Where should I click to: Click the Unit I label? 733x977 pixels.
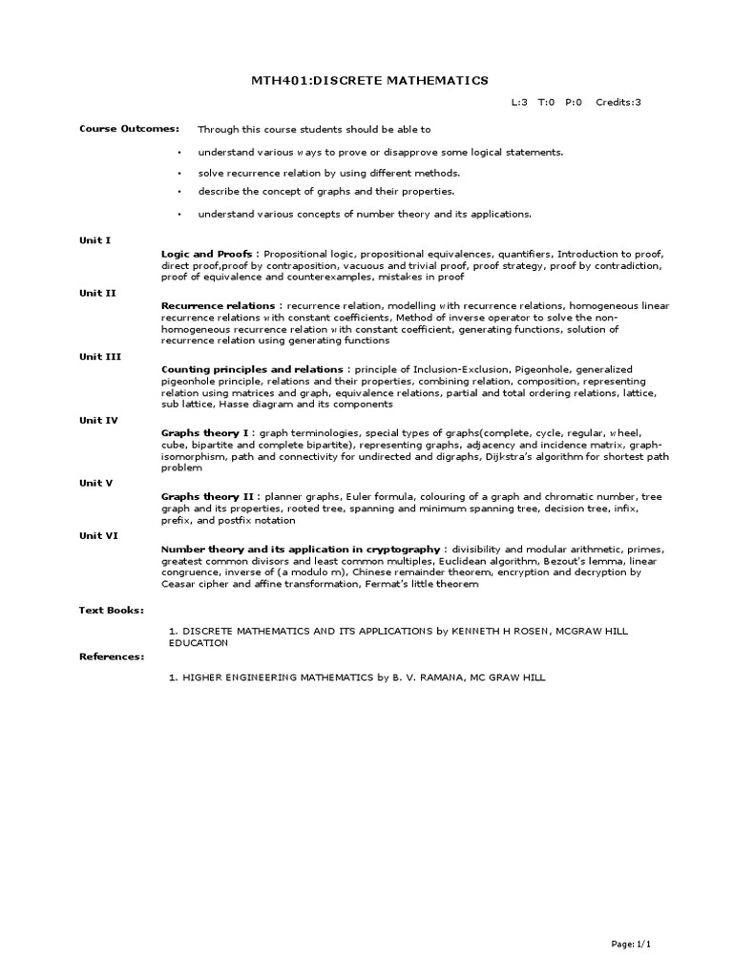[94, 240]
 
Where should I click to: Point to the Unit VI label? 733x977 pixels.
[98, 535]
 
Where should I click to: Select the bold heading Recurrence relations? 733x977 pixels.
[217, 305]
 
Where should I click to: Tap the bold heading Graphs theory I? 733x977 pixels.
[205, 432]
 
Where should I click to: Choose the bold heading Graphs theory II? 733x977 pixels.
[207, 497]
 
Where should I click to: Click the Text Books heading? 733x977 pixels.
[111, 609]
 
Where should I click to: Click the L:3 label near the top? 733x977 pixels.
[521, 103]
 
